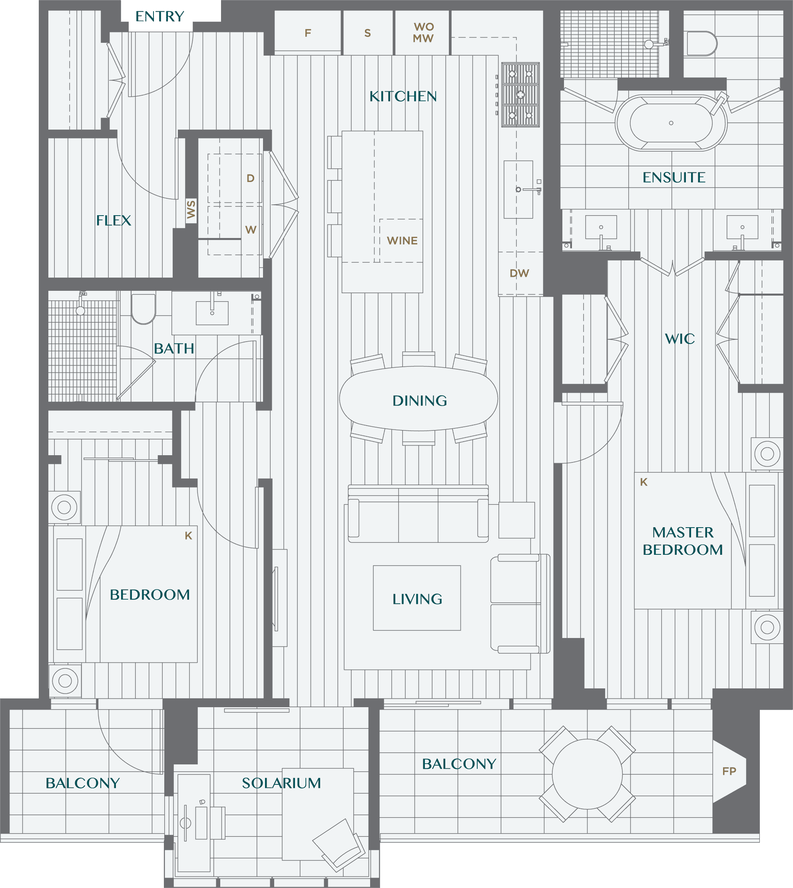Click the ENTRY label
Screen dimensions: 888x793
coord(159,16)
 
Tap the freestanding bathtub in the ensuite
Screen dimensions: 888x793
coord(671,123)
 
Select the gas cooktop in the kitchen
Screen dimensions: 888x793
coord(520,94)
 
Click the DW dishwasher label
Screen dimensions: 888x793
coord(519,273)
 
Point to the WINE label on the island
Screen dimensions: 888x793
coord(402,241)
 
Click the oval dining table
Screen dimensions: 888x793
coord(418,399)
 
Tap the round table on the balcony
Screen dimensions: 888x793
coord(587,774)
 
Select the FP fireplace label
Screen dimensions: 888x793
coord(729,771)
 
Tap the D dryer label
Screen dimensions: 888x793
coord(250,178)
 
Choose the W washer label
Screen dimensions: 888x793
coord(251,230)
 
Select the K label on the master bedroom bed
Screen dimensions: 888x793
coord(644,482)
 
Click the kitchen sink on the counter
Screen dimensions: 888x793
coord(518,189)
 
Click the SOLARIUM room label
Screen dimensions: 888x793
coord(281,783)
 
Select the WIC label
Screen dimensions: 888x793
coord(679,339)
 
